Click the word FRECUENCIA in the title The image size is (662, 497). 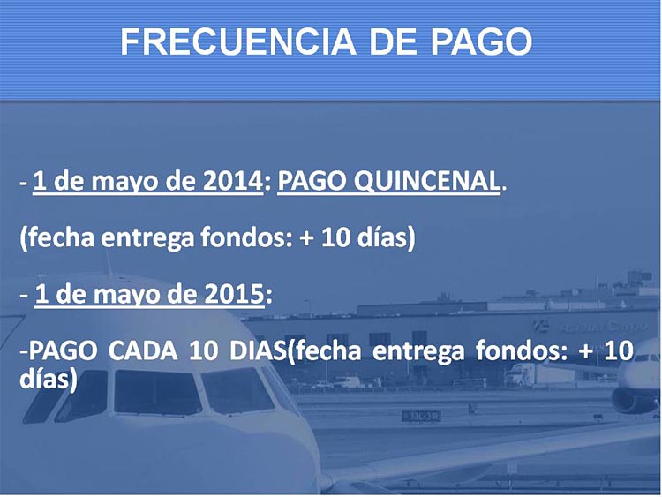(x=237, y=41)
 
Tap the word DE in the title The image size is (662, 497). (x=395, y=41)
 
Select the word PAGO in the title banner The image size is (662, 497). (x=481, y=41)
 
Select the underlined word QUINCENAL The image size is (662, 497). (x=427, y=182)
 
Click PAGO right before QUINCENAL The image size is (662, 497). (x=312, y=181)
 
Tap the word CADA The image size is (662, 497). (x=143, y=350)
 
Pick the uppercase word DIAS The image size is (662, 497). (x=258, y=350)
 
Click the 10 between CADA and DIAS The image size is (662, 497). (x=203, y=350)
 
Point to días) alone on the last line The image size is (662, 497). (x=49, y=379)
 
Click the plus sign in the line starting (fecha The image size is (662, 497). (x=306, y=238)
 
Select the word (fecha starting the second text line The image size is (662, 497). (x=57, y=237)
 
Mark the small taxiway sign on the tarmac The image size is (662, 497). (x=421, y=416)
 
